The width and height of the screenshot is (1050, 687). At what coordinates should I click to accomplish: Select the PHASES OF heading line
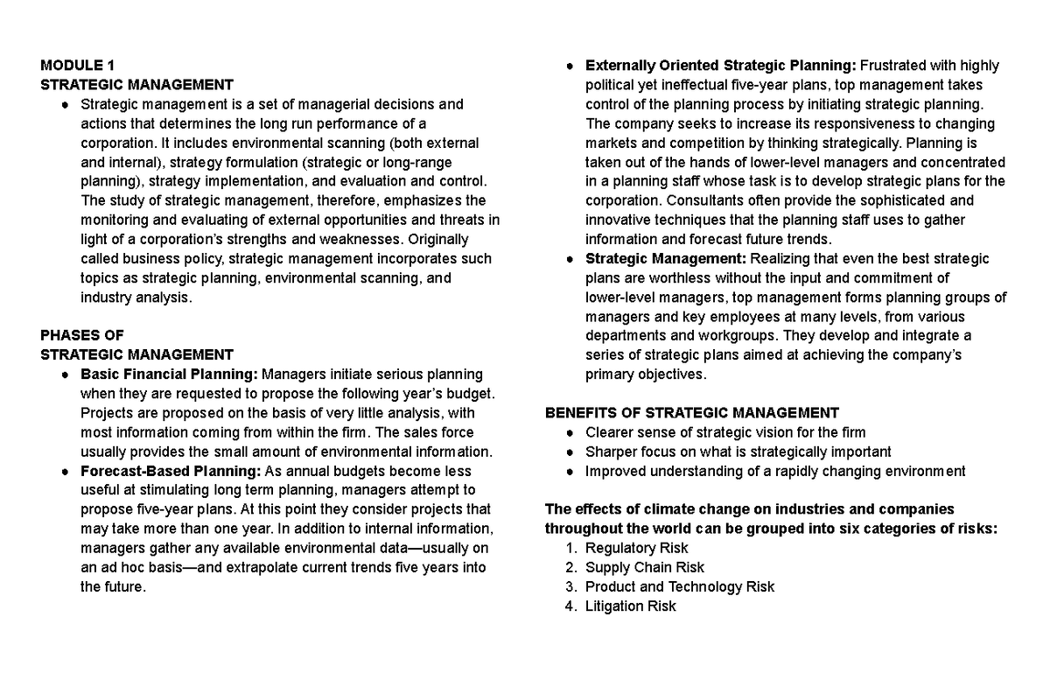coord(82,335)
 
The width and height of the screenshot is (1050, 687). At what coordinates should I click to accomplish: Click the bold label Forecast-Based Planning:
coord(171,471)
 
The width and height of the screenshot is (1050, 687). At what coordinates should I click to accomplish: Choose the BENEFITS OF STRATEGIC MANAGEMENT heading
coord(691,413)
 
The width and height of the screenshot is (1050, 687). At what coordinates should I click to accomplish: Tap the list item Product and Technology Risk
coord(679,586)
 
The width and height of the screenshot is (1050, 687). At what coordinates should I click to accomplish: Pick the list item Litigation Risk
coord(630,606)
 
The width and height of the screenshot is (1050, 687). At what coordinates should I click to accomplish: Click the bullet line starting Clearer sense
coord(725,432)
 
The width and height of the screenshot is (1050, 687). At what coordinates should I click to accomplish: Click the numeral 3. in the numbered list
coord(571,586)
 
